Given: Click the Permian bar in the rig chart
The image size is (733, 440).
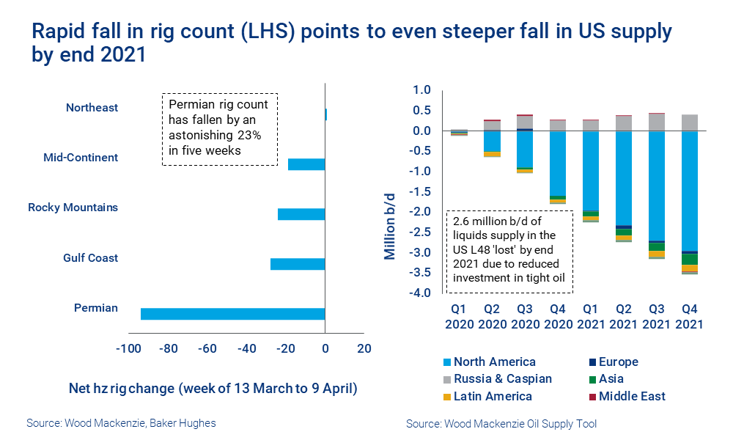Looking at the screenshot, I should click(232, 314).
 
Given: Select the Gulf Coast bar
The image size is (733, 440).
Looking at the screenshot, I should click(298, 264).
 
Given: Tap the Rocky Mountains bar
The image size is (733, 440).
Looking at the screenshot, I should click(301, 214).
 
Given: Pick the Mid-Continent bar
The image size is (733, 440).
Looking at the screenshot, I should click(306, 164).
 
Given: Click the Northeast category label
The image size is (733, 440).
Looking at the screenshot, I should click(92, 108).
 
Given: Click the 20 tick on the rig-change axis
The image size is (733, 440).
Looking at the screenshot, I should click(364, 349).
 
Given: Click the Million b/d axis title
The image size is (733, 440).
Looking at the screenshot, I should click(391, 220).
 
